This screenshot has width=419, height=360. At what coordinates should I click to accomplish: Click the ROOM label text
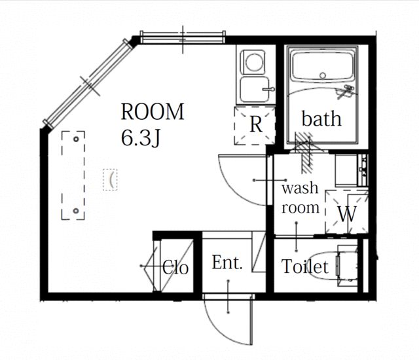pos(153,112)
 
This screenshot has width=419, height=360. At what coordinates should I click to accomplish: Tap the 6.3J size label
pos(141,138)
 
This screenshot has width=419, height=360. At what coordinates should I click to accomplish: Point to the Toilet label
pos(305,266)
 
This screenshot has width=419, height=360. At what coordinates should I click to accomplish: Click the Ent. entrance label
pos(227,262)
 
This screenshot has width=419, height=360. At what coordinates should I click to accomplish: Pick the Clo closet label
pos(175,267)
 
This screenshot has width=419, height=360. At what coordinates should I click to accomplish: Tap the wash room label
pos(301,198)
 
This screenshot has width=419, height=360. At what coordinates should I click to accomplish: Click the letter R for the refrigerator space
pos(256,124)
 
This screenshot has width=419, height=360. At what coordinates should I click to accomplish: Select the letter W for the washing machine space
pos(348,213)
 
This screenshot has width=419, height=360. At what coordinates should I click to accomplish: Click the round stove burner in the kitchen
pos(253,62)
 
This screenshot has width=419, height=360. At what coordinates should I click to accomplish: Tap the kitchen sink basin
pos(254,90)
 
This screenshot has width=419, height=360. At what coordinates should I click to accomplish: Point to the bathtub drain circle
pos(323,75)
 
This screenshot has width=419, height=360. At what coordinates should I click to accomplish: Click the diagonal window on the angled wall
pos(88,83)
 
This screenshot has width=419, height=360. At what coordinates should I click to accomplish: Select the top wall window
pos(183,37)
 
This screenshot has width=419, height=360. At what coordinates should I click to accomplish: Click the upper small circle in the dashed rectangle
pos(76,139)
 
